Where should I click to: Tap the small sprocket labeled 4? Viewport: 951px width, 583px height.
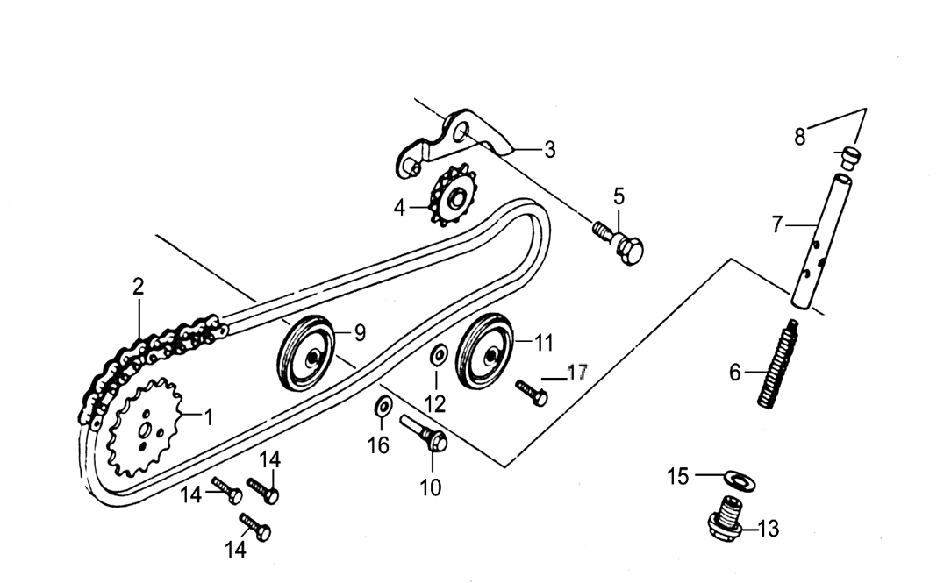pyautogui.click(x=453, y=196)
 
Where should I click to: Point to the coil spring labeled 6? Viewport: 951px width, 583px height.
pyautogui.click(x=776, y=364)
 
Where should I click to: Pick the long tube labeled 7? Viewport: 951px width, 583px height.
pyautogui.click(x=819, y=241)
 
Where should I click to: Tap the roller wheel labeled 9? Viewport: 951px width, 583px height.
pyautogui.click(x=305, y=353)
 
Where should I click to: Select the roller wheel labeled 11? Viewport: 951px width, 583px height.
pyautogui.click(x=484, y=352)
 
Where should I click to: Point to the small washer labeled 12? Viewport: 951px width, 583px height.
pyautogui.click(x=439, y=355)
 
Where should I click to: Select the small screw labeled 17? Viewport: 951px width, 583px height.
pyautogui.click(x=532, y=393)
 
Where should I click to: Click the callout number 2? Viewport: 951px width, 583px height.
pyautogui.click(x=139, y=287)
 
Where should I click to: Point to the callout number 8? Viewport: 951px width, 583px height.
pyautogui.click(x=800, y=137)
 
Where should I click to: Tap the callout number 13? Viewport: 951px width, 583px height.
pyautogui.click(x=768, y=529)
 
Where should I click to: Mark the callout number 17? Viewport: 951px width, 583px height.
pyautogui.click(x=577, y=372)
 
